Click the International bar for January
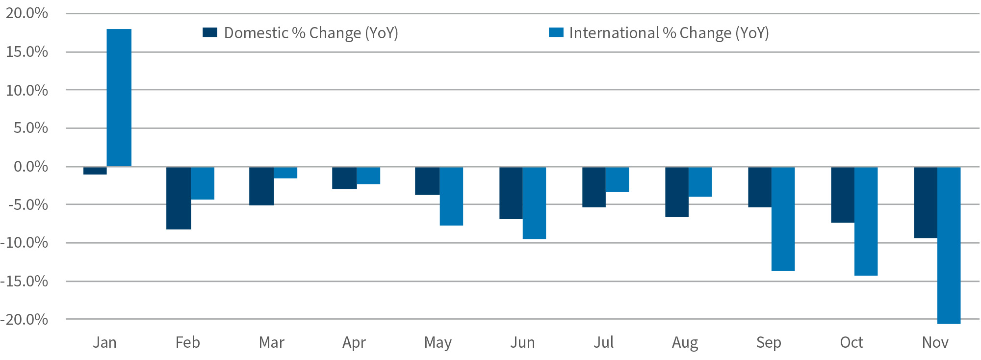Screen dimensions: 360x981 pyautogui.click(x=119, y=98)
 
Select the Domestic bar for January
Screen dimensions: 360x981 pyautogui.click(x=95, y=171)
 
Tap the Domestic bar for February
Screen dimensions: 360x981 pyautogui.click(x=179, y=198)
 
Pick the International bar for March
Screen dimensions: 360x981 pyautogui.click(x=285, y=173)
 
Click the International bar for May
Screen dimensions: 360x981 pyautogui.click(x=451, y=196)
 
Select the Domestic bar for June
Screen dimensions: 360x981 pyautogui.click(x=511, y=193)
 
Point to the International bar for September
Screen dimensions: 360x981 pyautogui.click(x=783, y=219)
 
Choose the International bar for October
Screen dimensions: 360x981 pyautogui.click(x=866, y=221)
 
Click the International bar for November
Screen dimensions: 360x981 pyautogui.click(x=949, y=245)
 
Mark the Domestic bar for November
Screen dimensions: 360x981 pyautogui.click(x=925, y=203)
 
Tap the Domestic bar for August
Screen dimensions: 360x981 pyautogui.click(x=676, y=192)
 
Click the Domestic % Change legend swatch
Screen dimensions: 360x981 pyautogui.click(x=210, y=33)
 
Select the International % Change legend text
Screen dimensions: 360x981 pyautogui.click(x=669, y=33)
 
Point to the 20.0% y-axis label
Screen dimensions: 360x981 pyautogui.click(x=27, y=13)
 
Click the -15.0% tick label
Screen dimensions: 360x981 pyautogui.click(x=25, y=282)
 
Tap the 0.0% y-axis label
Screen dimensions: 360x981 pyautogui.click(x=30, y=167)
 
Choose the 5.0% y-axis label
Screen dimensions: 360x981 pyautogui.click(x=30, y=129)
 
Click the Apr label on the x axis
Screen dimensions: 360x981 pyautogui.click(x=354, y=342)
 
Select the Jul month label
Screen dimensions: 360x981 pyautogui.click(x=603, y=342)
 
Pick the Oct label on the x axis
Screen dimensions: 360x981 pyautogui.click(x=851, y=342)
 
